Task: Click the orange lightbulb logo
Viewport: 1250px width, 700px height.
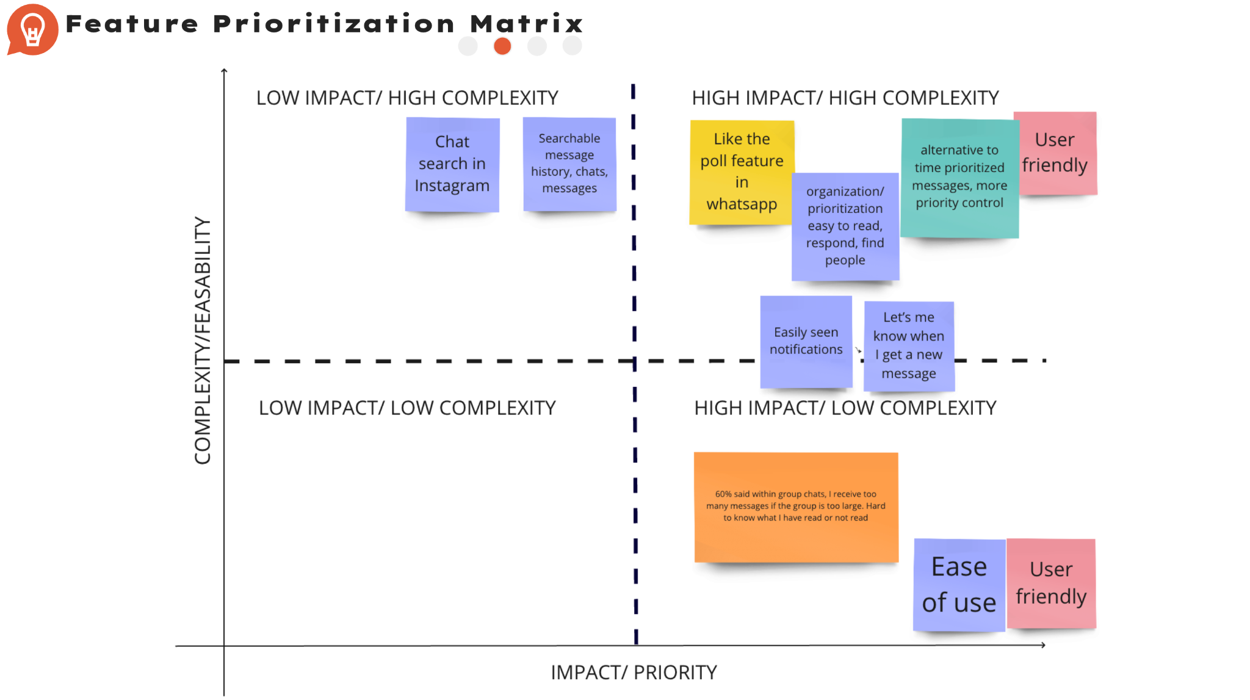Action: [x=32, y=29]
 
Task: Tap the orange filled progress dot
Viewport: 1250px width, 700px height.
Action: [x=502, y=46]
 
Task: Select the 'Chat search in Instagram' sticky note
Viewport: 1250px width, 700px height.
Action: [x=452, y=164]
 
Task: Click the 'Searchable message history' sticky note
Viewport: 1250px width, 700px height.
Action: [x=569, y=164]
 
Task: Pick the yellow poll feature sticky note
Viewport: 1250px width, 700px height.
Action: [x=742, y=172]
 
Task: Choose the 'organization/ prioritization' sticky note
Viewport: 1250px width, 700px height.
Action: [x=845, y=226]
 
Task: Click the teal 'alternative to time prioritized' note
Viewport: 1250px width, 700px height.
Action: [x=959, y=177]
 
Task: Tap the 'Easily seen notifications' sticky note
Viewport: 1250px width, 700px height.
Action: [x=806, y=341]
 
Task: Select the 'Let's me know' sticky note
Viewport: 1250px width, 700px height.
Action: [x=908, y=345]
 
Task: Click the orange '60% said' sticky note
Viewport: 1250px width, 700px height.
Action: [x=795, y=507]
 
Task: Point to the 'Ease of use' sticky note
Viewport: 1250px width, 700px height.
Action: [x=958, y=585]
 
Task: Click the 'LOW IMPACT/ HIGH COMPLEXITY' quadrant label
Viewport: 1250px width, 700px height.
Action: [x=407, y=98]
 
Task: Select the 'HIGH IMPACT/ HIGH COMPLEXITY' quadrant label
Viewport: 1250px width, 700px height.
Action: [x=845, y=98]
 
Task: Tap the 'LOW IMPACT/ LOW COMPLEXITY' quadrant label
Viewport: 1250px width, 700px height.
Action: [x=407, y=408]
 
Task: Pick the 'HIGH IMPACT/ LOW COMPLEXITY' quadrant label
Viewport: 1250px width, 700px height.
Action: [x=845, y=408]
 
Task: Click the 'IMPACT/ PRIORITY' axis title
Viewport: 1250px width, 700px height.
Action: [x=634, y=672]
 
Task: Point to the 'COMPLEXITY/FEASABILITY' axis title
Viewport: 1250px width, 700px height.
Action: [x=203, y=341]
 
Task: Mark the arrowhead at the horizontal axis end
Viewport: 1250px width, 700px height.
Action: [x=1043, y=645]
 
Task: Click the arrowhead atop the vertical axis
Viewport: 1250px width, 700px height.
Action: [x=224, y=71]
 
